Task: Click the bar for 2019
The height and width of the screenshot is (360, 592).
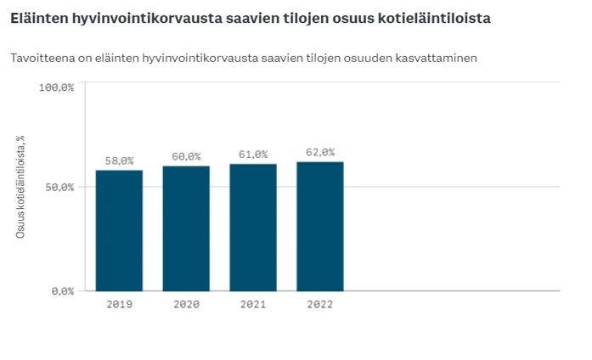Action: (x=119, y=230)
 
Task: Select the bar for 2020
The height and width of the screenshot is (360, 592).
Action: (x=186, y=228)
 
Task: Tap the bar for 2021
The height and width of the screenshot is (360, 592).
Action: (x=253, y=227)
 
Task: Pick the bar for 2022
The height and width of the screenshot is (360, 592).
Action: (x=320, y=226)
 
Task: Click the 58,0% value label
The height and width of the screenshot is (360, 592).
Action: (x=119, y=160)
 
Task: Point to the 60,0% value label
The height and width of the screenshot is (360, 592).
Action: (x=186, y=156)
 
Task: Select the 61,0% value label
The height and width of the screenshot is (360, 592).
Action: (x=253, y=155)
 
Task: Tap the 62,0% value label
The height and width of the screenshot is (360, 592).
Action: (x=320, y=153)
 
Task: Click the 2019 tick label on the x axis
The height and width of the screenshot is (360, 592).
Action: (x=119, y=303)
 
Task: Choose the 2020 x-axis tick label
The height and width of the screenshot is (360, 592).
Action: (x=186, y=303)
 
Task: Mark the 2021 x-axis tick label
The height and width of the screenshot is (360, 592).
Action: (x=253, y=303)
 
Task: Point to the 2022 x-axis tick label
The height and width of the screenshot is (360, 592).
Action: (x=320, y=303)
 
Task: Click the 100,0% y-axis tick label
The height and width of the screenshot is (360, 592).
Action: (x=57, y=87)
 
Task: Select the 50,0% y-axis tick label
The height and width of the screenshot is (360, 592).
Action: (x=60, y=187)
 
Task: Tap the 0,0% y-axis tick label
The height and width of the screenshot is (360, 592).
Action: (x=63, y=291)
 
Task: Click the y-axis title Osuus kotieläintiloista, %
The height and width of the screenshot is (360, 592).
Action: (x=20, y=187)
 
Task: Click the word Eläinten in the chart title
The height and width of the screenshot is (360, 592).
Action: (x=37, y=17)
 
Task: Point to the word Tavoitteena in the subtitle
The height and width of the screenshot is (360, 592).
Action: (x=42, y=58)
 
